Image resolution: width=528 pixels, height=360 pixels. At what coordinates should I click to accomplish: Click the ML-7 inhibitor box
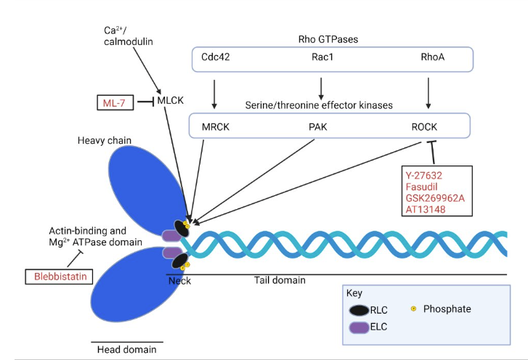113,103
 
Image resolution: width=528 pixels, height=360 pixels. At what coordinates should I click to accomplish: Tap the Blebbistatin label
59,277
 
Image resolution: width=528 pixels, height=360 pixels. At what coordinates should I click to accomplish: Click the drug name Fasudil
424,185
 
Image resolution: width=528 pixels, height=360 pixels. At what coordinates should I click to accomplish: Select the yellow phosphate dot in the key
414,309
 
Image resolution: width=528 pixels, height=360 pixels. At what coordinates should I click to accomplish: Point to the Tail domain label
280,280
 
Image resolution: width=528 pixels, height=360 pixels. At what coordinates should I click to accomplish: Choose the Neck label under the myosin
178,281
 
